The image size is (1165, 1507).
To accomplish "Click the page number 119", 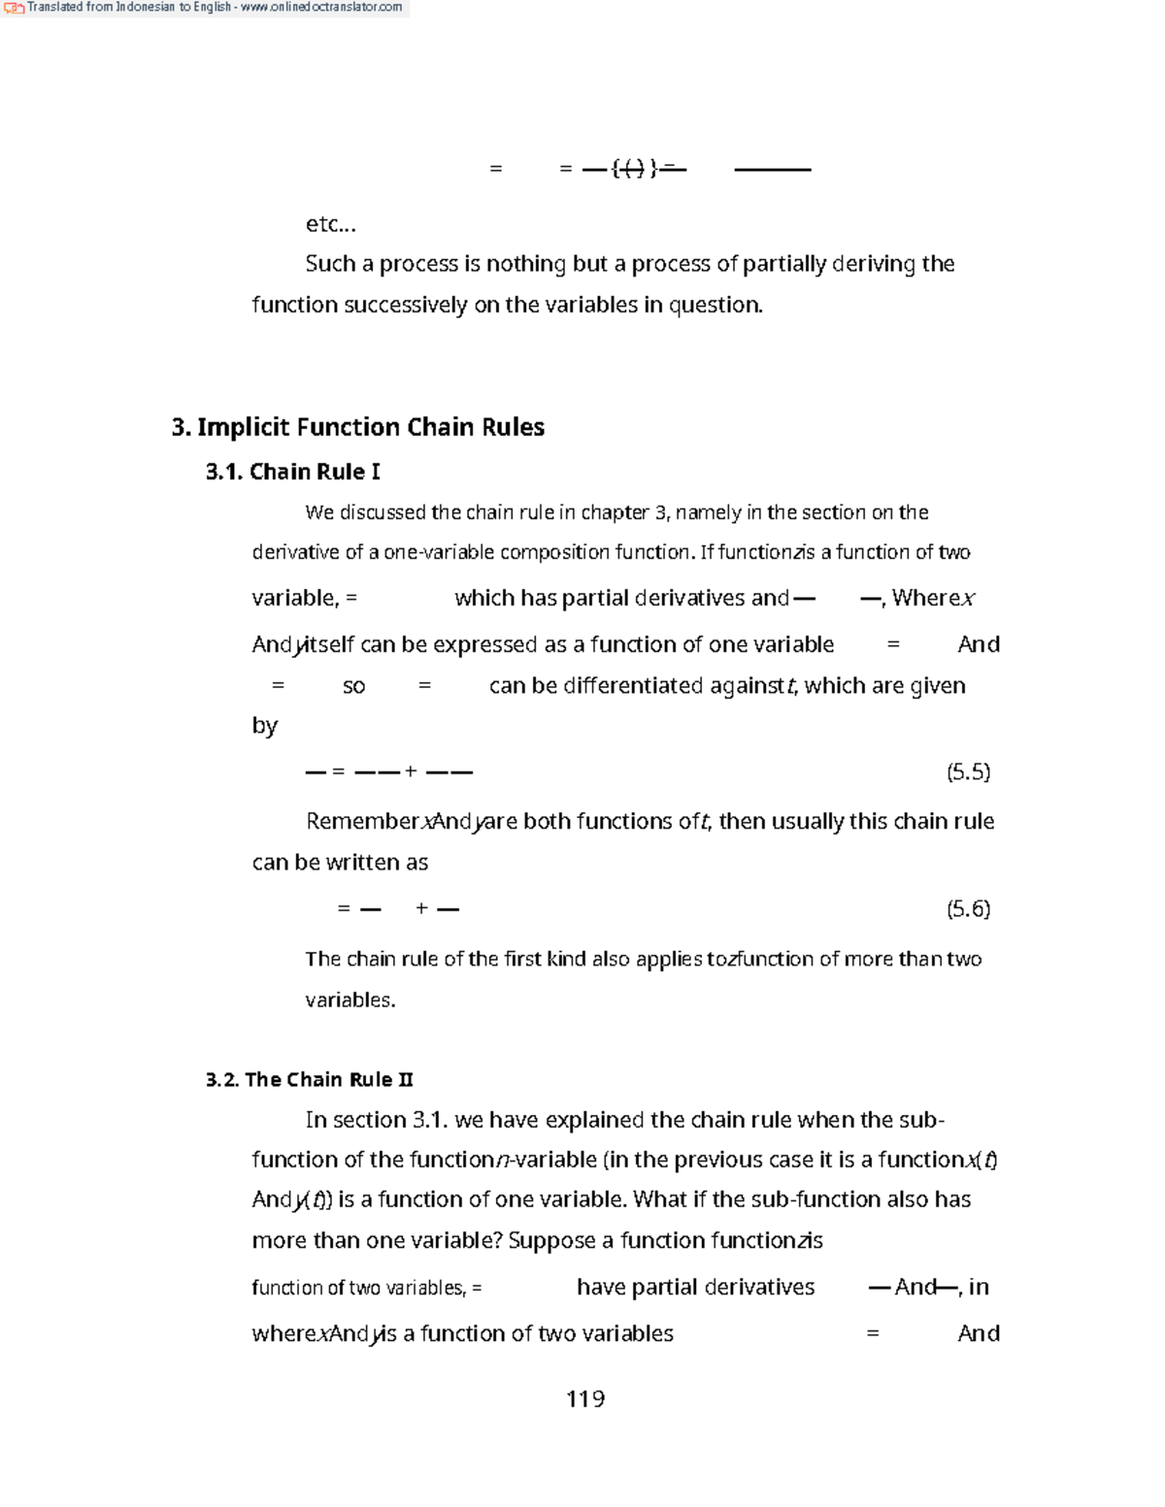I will click(585, 1398).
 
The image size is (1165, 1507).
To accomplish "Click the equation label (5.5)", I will click(968, 771).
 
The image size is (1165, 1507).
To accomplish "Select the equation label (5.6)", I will click(968, 908).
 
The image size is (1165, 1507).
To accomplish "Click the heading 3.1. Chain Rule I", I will click(293, 472).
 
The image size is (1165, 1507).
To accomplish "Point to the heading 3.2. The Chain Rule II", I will click(310, 1079).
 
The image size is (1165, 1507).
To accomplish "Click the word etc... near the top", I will click(331, 224).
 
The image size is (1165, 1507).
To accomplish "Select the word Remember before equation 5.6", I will click(361, 821).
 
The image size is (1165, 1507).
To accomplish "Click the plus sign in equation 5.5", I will click(411, 771).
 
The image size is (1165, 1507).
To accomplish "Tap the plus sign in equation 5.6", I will click(421, 908).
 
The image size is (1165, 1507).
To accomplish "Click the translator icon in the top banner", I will click(14, 8).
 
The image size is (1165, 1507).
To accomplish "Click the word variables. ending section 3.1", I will click(349, 999).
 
